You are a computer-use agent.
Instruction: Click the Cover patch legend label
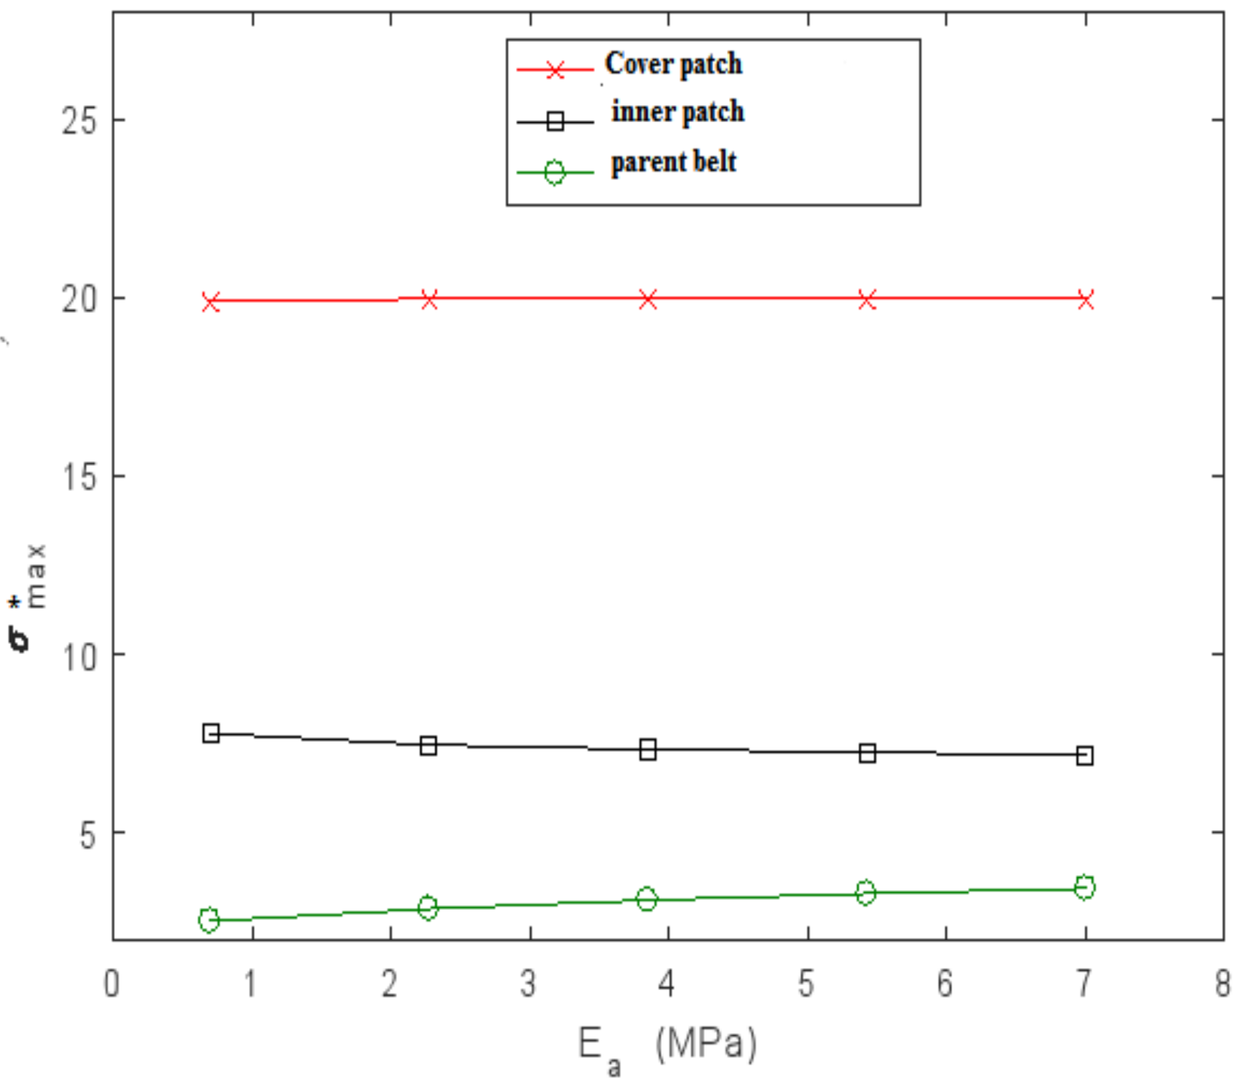[x=673, y=64]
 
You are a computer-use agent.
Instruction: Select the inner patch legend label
[x=677, y=112]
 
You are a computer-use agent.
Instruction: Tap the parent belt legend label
[x=673, y=162]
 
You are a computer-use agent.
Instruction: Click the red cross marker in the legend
[x=555, y=69]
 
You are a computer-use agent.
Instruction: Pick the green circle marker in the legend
[x=555, y=172]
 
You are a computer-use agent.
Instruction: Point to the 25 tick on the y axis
[x=79, y=121]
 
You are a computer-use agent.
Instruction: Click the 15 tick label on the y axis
[x=79, y=477]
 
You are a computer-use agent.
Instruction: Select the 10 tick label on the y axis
[x=79, y=656]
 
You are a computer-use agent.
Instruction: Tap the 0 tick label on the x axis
[x=112, y=983]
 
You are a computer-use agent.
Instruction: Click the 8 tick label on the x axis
[x=1223, y=983]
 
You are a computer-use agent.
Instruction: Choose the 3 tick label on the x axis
[x=528, y=983]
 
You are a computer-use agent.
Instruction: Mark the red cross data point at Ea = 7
[x=1085, y=300]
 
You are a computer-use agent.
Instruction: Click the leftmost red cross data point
[x=210, y=302]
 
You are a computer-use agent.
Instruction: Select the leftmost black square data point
[x=210, y=733]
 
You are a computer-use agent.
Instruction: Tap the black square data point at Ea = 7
[x=1085, y=756]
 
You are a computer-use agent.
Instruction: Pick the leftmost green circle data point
[x=209, y=920]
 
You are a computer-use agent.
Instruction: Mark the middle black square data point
[x=647, y=750]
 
